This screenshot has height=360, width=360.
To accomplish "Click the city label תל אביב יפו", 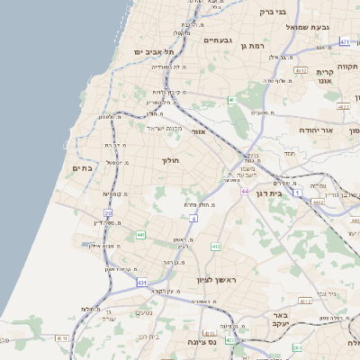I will point(150,53).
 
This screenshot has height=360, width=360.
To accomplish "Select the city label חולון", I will point(170,160).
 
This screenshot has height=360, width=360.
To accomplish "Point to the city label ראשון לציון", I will point(213,281).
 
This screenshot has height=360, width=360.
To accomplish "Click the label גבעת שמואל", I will point(310,27).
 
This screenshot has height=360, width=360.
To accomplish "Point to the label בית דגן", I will point(289,192).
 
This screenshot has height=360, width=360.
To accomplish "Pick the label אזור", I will point(199,131).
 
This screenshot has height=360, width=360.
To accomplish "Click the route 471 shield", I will point(345,42).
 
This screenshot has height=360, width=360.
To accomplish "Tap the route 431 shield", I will point(142,283).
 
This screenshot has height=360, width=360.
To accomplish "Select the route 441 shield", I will point(141,235).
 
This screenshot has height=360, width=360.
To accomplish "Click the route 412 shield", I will point(216,246).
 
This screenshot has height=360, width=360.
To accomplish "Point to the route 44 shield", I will point(245,191).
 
